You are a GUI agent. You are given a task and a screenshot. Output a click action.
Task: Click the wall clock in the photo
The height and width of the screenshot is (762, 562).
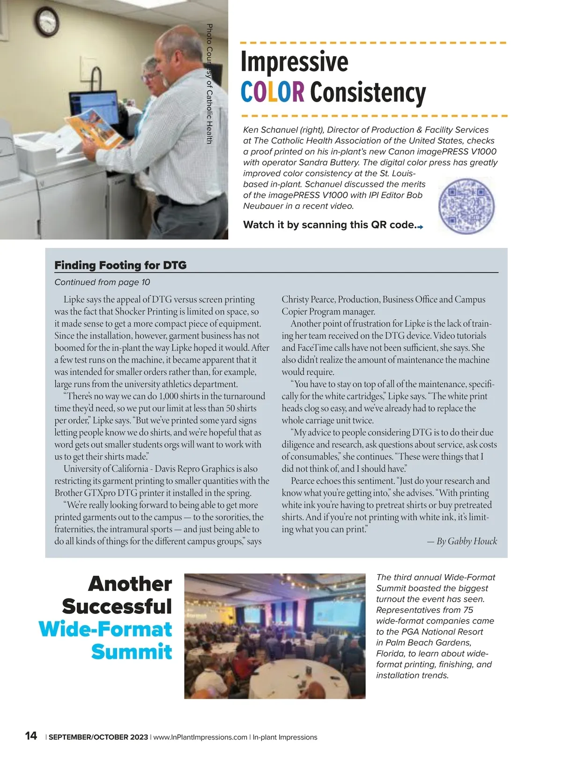point(47,22)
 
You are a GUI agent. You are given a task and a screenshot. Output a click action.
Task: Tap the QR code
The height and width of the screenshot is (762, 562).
point(466,205)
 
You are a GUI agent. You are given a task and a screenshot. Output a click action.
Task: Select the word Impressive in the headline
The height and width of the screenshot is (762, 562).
point(295,61)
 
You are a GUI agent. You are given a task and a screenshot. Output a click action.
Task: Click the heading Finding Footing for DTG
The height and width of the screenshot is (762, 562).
point(120,265)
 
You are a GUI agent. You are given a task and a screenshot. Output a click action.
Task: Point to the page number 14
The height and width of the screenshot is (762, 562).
point(31,736)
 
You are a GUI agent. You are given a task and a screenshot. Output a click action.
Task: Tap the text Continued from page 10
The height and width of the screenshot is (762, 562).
point(102,282)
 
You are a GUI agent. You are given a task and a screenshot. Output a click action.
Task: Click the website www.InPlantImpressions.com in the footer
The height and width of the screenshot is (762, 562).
point(200,737)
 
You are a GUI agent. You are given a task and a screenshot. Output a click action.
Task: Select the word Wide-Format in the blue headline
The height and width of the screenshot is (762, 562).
point(105,629)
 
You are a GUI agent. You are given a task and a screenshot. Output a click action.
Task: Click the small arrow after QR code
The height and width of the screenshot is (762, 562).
point(420,227)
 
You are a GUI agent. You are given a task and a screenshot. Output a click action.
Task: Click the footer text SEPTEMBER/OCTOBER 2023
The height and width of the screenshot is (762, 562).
point(98,737)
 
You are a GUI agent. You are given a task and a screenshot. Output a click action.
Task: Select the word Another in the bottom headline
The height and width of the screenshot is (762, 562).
point(130,584)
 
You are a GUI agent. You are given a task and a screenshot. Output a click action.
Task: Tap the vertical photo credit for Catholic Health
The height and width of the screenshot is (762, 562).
point(209,84)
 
